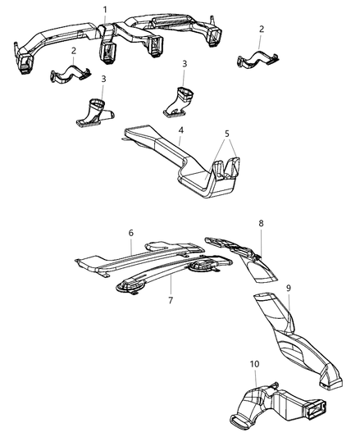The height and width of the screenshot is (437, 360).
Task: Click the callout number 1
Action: (104, 9)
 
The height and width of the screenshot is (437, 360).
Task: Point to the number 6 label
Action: (130, 232)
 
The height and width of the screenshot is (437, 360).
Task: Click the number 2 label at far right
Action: (261, 30)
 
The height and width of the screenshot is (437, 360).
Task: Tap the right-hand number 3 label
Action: (185, 64)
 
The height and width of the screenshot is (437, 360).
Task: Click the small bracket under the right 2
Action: (255, 59)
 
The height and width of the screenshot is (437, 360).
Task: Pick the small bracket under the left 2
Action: (71, 75)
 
